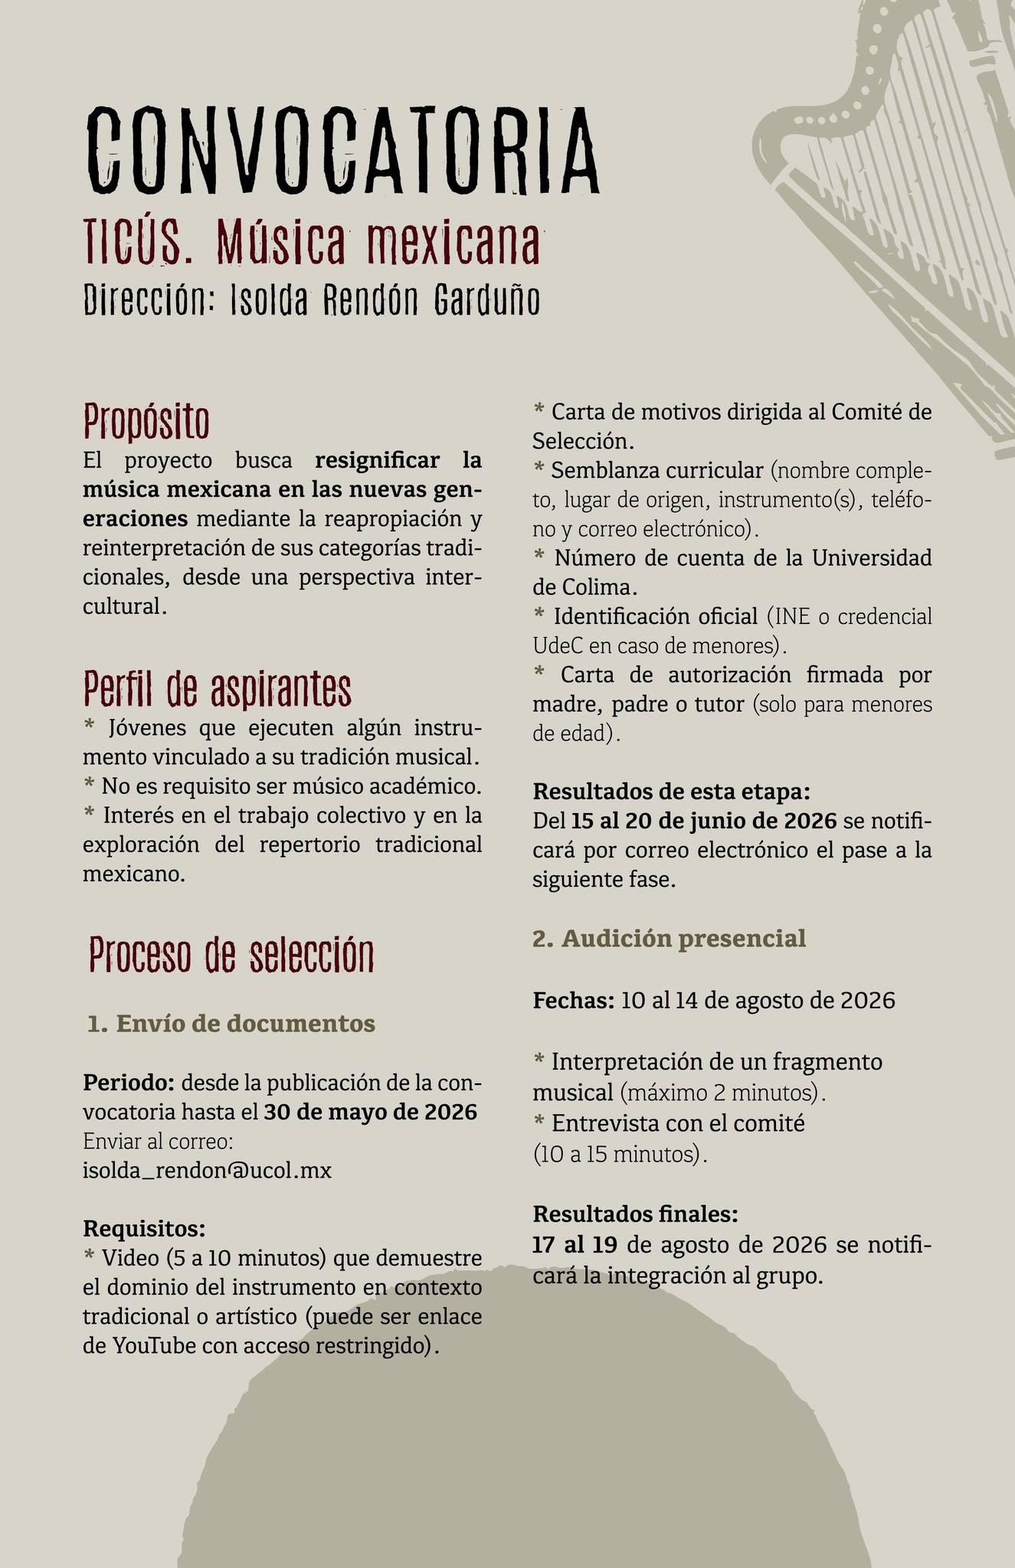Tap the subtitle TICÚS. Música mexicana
pyautogui.click(x=313, y=243)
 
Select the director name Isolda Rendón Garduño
pyautogui.click(x=385, y=300)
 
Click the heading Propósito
pyautogui.click(x=146, y=420)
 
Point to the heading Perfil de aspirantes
pyautogui.click(x=217, y=688)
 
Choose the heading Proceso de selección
pyautogui.click(x=231, y=955)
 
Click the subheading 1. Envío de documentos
pyautogui.click(x=231, y=1024)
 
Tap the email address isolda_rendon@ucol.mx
pyautogui.click(x=207, y=1171)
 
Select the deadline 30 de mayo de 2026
pyautogui.click(x=370, y=1112)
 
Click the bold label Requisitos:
pyautogui.click(x=144, y=1229)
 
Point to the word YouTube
pyautogui.click(x=153, y=1346)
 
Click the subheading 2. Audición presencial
pyautogui.click(x=669, y=938)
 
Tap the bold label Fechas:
pyautogui.click(x=573, y=1001)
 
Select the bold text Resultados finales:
pyautogui.click(x=635, y=1214)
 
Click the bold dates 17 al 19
pyautogui.click(x=575, y=1244)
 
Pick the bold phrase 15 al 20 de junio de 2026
pyautogui.click(x=703, y=822)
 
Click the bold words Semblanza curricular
pyautogui.click(x=656, y=470)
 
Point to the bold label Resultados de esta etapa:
pyautogui.click(x=671, y=791)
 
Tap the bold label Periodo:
pyautogui.click(x=129, y=1083)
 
